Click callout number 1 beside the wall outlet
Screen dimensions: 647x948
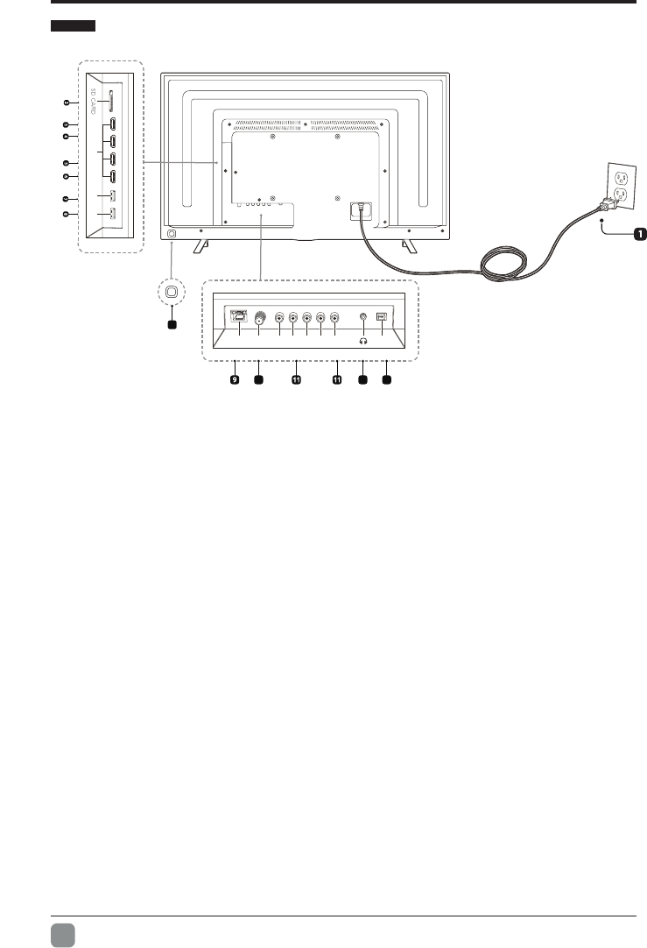(640, 234)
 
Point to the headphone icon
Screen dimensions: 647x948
(363, 343)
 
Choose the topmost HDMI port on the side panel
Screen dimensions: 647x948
(113, 122)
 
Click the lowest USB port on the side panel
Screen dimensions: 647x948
(113, 214)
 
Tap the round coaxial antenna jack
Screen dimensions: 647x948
(260, 319)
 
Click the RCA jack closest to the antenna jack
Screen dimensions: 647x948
(279, 319)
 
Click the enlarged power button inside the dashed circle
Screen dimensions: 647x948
(172, 293)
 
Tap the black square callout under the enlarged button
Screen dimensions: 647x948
(172, 324)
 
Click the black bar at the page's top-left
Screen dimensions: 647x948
(72, 28)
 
